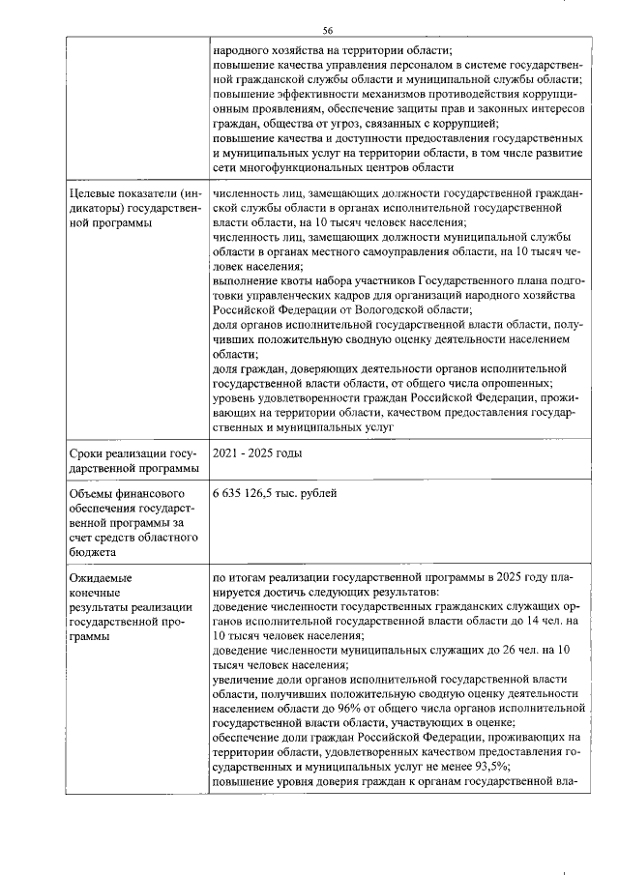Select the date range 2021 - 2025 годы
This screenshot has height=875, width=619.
[257, 453]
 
